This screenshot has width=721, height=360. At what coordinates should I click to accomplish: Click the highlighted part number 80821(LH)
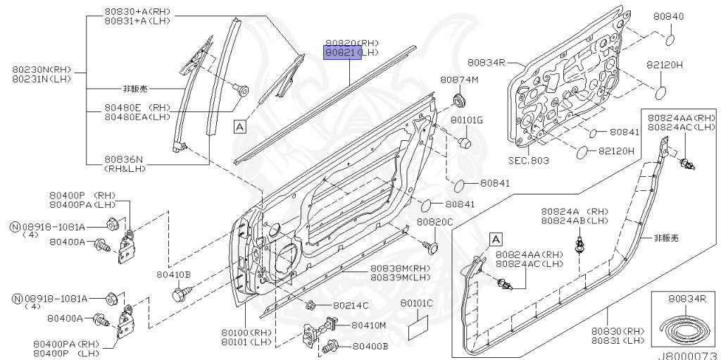pyautogui.click(x=342, y=53)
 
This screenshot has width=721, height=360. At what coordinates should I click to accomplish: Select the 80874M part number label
pyautogui.click(x=459, y=80)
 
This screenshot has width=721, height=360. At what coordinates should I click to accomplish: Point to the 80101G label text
pyautogui.click(x=467, y=120)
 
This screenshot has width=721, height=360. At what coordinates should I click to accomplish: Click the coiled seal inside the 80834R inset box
pyautogui.click(x=680, y=326)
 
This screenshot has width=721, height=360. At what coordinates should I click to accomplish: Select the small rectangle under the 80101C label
pyautogui.click(x=418, y=328)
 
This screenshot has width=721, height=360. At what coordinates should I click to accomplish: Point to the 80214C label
pyautogui.click(x=350, y=305)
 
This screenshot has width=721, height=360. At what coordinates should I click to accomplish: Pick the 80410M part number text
pyautogui.click(x=369, y=325)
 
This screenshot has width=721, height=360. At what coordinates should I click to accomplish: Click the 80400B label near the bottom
pyautogui.click(x=370, y=347)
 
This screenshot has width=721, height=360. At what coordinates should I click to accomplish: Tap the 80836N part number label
pyautogui.click(x=125, y=159)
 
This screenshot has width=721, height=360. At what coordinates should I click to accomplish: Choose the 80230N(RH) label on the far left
pyautogui.click(x=39, y=69)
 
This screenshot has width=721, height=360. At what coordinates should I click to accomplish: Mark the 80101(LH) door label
pyautogui.click(x=246, y=342)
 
